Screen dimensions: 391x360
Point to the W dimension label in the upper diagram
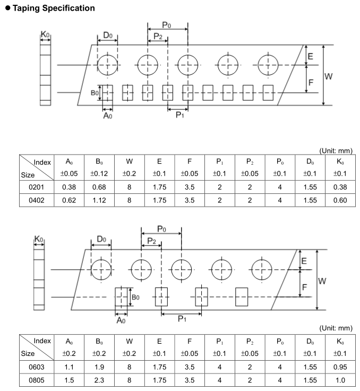[329, 76]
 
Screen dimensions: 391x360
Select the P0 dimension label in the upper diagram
[167, 25]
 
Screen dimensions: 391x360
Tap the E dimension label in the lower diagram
[304, 261]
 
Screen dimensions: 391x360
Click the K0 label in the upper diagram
[45, 36]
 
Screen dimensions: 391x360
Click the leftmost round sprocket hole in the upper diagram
[108, 65]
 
